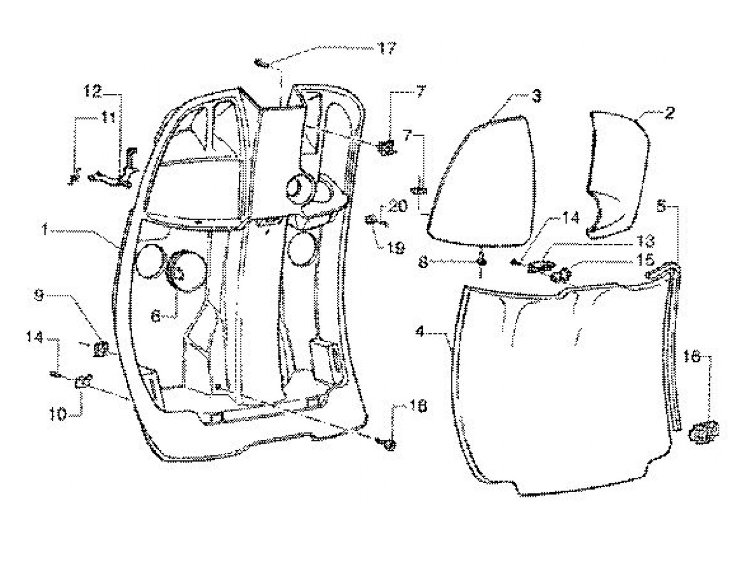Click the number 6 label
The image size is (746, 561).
coord(156,316)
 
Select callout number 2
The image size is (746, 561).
coord(670,113)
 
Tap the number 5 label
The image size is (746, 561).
coord(661,205)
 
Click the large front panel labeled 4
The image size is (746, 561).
coord(559,384)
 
